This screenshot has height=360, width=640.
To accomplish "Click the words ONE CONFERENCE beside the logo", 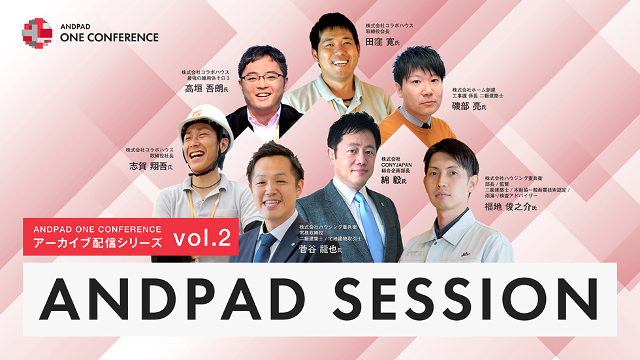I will [109, 37].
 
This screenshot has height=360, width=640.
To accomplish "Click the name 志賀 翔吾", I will [148, 167].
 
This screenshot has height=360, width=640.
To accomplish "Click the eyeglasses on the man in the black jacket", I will [261, 77].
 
